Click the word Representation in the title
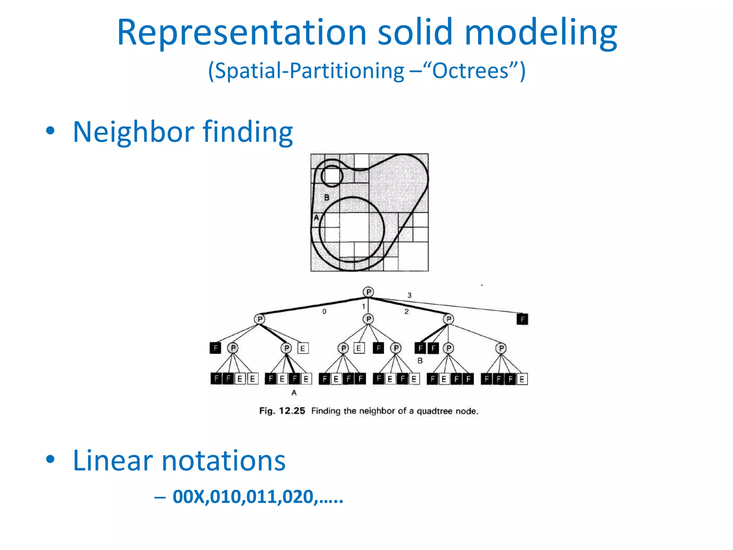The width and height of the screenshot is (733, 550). tap(242, 33)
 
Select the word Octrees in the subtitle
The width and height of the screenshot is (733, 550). tap(470, 71)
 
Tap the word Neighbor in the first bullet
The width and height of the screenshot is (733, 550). tap(133, 132)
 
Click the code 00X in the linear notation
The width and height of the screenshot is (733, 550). tap(189, 497)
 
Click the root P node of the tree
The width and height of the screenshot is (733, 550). tap(368, 292)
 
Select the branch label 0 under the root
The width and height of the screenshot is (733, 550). tap(324, 312)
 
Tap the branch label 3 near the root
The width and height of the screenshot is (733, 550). tap(409, 295)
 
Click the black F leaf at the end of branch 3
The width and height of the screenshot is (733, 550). tap(522, 319)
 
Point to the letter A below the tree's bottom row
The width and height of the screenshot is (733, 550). tap(294, 393)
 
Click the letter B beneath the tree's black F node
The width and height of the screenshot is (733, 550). tap(420, 361)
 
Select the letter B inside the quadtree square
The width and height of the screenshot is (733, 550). tap(326, 197)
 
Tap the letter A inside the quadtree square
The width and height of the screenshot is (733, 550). tap(316, 217)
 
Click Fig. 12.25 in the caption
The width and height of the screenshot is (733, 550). tap(282, 411)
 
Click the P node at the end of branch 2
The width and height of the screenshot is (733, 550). tap(448, 319)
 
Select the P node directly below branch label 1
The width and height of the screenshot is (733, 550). tap(368, 319)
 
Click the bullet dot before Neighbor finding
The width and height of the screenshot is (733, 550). tap(50, 131)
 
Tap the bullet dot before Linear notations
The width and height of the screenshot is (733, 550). tap(50, 460)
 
